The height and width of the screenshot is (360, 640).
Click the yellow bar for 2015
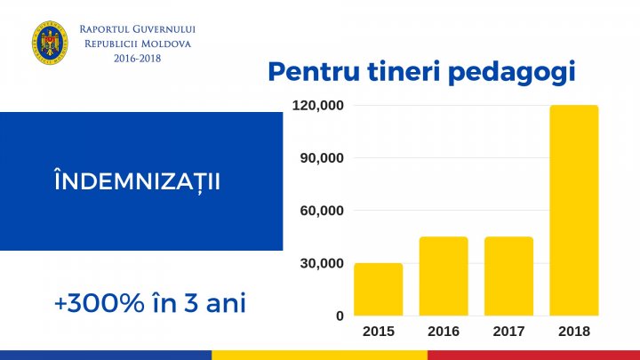coord(378,289)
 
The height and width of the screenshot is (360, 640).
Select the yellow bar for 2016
coord(444,276)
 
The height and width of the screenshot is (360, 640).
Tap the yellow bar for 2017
coord(508,276)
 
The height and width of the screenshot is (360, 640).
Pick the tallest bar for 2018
coord(573,210)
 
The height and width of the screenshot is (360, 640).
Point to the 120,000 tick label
coord(317,106)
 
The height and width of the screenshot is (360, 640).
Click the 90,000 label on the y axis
coord(321,158)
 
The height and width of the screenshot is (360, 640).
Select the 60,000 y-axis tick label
coord(321,211)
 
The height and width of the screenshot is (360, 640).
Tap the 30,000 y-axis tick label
coord(321,263)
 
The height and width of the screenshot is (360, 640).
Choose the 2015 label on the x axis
coord(378,331)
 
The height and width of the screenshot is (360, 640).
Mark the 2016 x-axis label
coord(444,331)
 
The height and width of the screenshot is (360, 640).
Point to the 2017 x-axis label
coord(508,331)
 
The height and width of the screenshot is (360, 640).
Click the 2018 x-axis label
coord(573,331)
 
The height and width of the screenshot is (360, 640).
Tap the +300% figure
coord(96,303)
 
